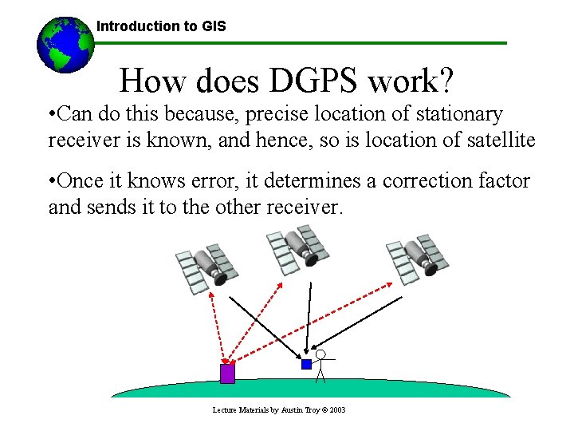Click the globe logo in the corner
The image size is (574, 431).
pos(65,44)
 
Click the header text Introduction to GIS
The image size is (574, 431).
pos(161,26)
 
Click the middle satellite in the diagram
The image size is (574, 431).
pos(297,247)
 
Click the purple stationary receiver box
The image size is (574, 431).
pos(227,374)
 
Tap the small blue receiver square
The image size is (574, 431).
pos(306,364)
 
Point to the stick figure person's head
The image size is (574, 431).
pos(320,354)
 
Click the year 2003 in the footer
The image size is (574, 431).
pos(336,410)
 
